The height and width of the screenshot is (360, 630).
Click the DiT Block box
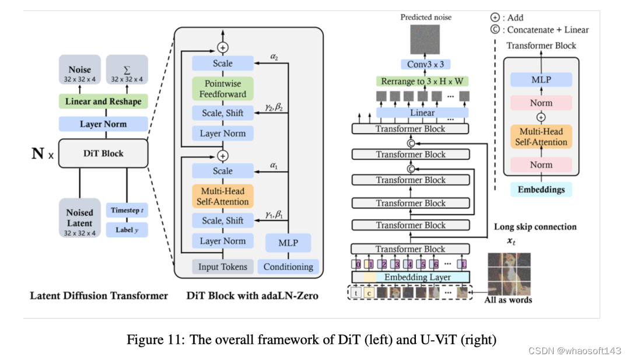point(103,154)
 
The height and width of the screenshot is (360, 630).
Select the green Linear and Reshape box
point(103,102)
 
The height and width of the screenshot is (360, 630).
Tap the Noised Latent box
point(80,218)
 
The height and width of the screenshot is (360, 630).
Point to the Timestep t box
point(127,210)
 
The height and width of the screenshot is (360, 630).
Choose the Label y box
point(127,230)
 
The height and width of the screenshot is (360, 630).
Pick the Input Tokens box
point(222,267)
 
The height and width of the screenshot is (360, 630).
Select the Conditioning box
point(288,267)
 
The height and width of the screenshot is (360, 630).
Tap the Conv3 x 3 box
point(425,64)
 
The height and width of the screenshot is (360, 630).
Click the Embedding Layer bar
point(411,277)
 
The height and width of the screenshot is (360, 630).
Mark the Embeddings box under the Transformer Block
point(541,190)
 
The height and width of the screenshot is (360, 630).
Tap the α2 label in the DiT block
point(274,57)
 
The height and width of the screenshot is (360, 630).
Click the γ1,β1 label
point(274,215)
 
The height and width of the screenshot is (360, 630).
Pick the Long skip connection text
point(535,227)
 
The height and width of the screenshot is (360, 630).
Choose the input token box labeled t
point(356,292)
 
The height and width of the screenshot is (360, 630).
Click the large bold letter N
point(37,155)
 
